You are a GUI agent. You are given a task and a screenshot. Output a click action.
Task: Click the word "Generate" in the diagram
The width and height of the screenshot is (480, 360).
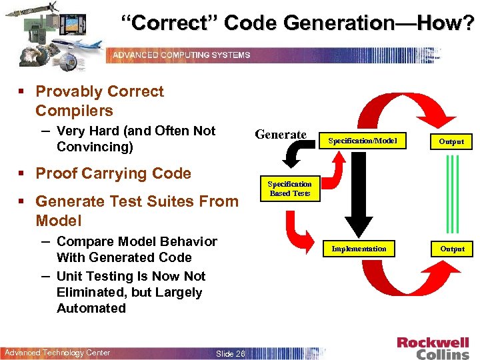point(281,135)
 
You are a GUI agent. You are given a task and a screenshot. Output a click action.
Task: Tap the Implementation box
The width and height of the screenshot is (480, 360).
point(359,249)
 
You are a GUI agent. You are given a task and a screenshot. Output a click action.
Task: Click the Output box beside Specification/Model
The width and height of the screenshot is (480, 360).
point(451,141)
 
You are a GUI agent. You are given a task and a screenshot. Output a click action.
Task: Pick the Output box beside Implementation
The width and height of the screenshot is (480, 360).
point(451,249)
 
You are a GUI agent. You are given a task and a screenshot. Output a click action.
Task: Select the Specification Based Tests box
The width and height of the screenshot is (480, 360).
point(289,188)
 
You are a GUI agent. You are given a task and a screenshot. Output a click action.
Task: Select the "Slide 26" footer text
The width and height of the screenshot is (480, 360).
point(230,353)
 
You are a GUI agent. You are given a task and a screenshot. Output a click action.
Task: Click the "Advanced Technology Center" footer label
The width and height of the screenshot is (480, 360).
point(57,353)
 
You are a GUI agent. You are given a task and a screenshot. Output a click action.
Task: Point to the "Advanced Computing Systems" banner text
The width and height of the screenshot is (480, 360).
point(181,55)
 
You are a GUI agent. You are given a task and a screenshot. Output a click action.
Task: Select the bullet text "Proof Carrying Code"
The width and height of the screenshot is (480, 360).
point(113,173)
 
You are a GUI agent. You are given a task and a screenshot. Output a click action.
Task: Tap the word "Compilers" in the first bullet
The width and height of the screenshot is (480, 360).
point(74,111)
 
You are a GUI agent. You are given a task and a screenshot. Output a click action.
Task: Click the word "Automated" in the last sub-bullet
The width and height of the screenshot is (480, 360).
point(91,308)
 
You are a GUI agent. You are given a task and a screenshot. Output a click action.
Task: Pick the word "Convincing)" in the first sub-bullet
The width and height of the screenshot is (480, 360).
point(95,147)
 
